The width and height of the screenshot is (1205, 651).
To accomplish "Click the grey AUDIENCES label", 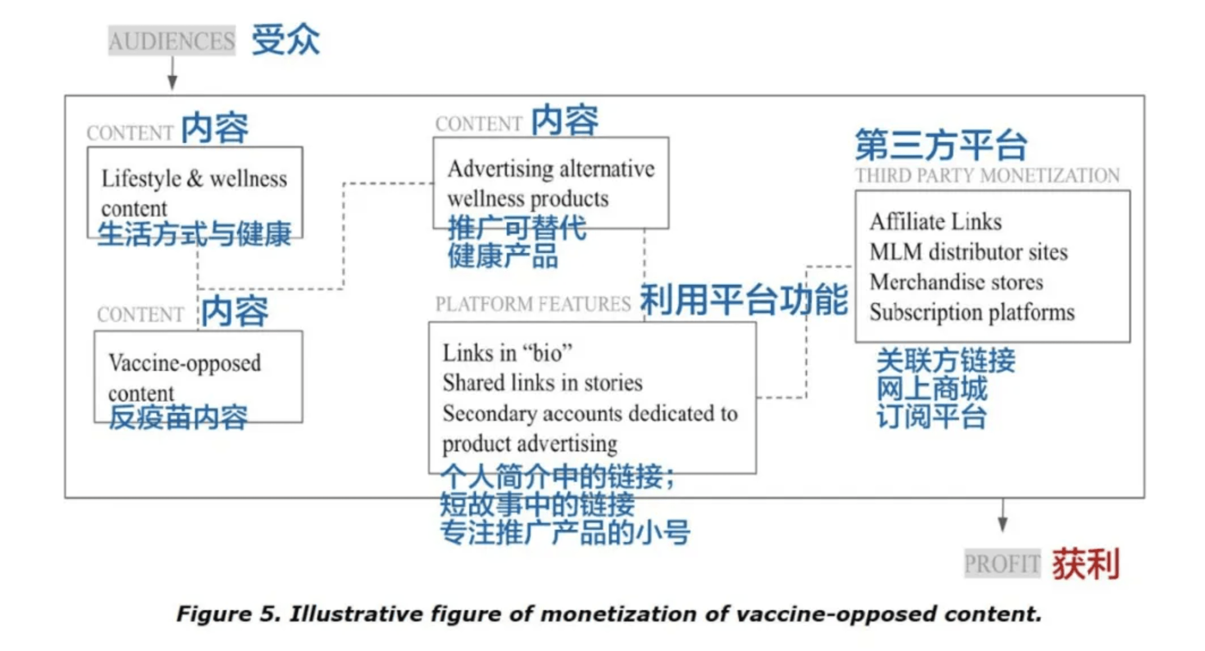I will coord(172,41).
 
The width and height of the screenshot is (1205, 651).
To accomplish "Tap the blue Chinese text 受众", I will coord(286,40).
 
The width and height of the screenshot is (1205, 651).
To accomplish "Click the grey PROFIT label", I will coord(1002,564).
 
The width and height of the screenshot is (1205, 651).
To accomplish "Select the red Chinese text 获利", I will coord(1085,564).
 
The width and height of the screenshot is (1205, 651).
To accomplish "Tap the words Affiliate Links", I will coord(936,222).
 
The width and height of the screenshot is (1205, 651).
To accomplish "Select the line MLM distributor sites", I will coord(968,252).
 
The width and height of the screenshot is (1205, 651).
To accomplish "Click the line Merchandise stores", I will coord(956,282).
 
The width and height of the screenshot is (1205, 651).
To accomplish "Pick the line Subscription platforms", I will coord(971,312).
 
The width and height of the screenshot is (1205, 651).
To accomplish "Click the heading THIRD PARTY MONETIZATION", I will coord(987,176).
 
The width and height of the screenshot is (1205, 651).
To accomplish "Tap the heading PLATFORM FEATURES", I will coord(533,304).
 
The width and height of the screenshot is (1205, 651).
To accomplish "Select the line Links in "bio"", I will coord(507,353).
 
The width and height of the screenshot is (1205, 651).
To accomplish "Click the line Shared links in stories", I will coord(542,383).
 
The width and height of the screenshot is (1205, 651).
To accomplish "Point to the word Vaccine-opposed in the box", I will coord(185,363).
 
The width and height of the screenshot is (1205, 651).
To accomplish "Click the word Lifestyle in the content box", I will coord(141,179).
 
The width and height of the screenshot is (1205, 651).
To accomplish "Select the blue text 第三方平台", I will coord(941,145).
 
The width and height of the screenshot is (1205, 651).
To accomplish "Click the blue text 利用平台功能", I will coord(744,299).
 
